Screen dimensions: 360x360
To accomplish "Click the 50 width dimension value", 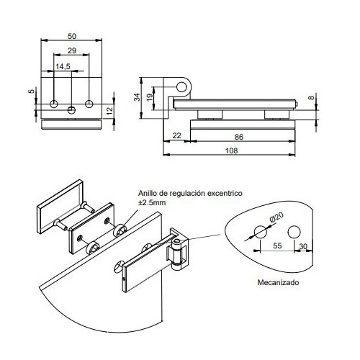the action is tap(72, 36).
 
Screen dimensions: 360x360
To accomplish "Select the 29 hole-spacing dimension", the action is tap(72, 50).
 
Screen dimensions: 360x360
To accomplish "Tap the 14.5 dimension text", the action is tap(63, 66).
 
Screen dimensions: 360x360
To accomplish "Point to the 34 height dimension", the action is tap(137, 97).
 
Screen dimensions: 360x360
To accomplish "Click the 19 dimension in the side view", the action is tap(149, 97).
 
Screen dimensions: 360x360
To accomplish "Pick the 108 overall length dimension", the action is tap(231, 150).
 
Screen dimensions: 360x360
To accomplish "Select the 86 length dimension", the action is tap(238, 137).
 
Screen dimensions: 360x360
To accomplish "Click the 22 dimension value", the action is tap(176, 135).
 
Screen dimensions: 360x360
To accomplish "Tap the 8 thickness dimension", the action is tap(311, 98).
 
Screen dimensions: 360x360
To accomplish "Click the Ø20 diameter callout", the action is tap(276, 217).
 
